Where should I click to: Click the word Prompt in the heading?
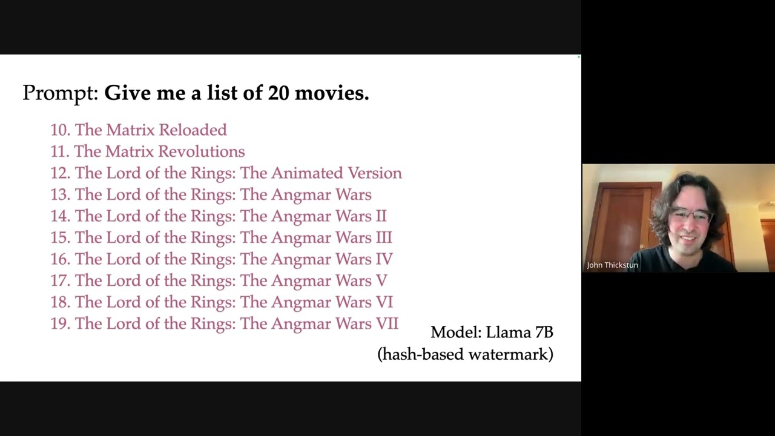coord(61,93)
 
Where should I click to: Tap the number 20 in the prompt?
coord(278,93)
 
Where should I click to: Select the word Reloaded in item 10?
coord(193,130)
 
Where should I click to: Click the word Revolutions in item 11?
coord(202,151)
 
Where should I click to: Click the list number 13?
coord(60,194)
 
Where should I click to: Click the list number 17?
coord(60,280)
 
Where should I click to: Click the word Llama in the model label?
coord(508,332)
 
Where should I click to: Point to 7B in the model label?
coord(544,332)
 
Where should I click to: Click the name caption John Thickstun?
coord(612,265)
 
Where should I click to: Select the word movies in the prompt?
coord(331,93)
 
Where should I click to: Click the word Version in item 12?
coord(375,173)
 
